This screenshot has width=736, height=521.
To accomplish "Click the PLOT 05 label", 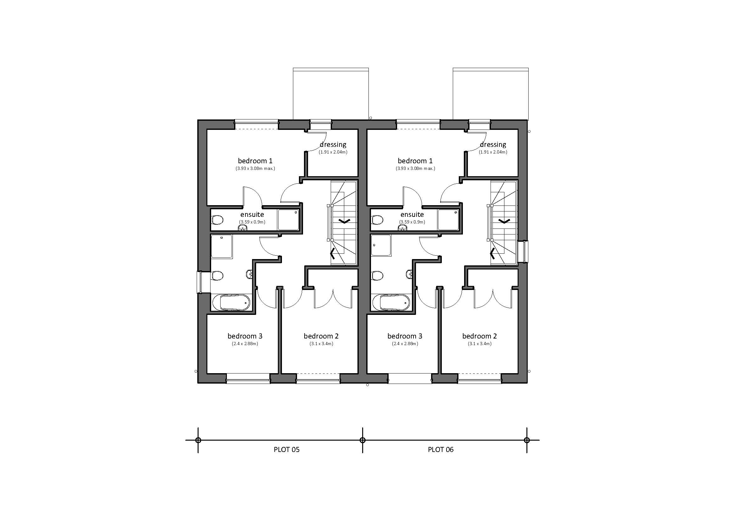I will pos(287,449).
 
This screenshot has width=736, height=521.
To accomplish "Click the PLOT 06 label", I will pos(441,449).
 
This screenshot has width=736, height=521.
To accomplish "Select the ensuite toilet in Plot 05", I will pos(218,220).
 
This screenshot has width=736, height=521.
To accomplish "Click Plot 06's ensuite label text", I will pos(412,214).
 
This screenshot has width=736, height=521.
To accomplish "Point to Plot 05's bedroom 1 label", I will pos(255,161).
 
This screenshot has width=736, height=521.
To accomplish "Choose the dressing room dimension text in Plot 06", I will pos(493,152).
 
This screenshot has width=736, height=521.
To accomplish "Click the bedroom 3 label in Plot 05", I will pos(245,336).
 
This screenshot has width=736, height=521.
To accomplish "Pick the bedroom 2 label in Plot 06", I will pos(480,336).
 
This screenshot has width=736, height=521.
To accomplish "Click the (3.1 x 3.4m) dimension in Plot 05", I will pos(321,344).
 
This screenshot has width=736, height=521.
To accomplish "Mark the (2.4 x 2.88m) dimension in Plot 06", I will pos(405,344).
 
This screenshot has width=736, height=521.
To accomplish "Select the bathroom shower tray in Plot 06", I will pos(381,246).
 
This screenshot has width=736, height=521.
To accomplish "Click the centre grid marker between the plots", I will pos(362,440).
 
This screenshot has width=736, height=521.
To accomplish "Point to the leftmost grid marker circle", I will pos(198,440).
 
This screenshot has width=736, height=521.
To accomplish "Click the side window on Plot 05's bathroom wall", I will pos(199,282).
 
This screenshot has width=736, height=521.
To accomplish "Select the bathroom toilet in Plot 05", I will pos(218,276).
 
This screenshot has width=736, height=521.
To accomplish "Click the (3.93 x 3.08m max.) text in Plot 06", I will pos(415,169).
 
